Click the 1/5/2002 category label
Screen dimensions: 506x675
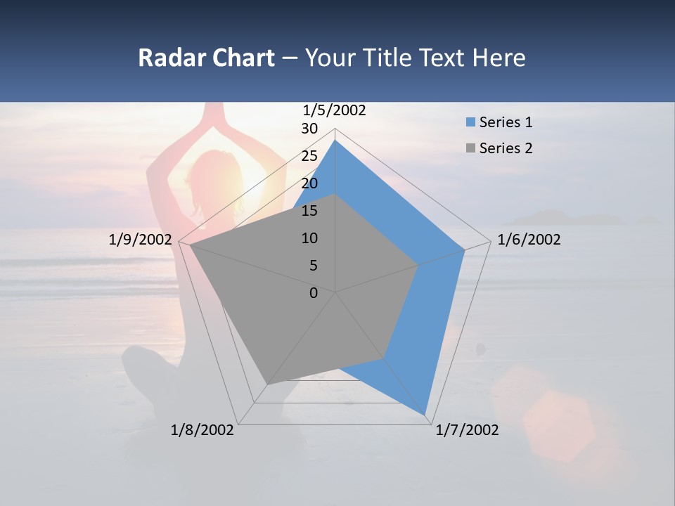click(x=335, y=110)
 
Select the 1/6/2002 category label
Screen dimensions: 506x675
click(x=529, y=240)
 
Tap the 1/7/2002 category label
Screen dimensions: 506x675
click(x=467, y=430)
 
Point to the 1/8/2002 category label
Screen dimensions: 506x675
click(x=202, y=430)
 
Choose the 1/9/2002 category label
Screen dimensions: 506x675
click(x=141, y=240)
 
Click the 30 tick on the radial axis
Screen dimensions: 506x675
click(x=309, y=129)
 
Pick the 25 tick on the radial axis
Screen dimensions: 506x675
click(x=309, y=156)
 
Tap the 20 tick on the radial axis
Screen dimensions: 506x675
click(x=309, y=183)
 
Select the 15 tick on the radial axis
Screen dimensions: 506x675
click(x=309, y=211)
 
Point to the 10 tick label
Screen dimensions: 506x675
click(x=309, y=238)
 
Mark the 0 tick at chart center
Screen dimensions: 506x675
click(x=314, y=293)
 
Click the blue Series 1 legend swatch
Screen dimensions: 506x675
click(x=470, y=123)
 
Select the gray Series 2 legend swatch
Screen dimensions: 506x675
click(x=470, y=148)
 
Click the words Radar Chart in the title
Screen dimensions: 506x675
click(x=206, y=58)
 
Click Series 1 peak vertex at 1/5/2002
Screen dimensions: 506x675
click(x=335, y=141)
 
